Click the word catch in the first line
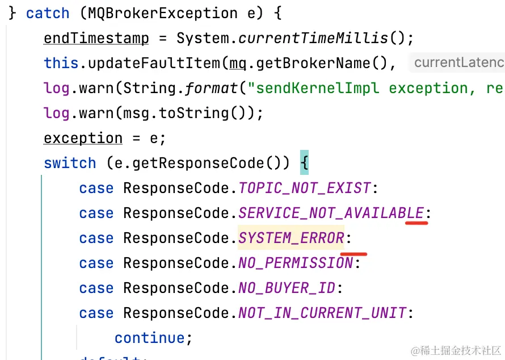(x=48, y=13)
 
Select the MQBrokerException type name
(x=158, y=13)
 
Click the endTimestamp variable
(x=96, y=38)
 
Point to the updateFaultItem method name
(x=154, y=63)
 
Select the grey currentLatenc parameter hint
(x=458, y=63)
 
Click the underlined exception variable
(x=83, y=138)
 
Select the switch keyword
(x=70, y=163)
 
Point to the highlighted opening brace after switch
(x=304, y=163)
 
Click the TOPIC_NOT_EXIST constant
(x=304, y=188)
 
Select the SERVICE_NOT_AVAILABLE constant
(x=331, y=213)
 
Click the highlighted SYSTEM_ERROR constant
(x=291, y=238)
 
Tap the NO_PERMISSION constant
(x=296, y=263)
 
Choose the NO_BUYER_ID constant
(x=287, y=288)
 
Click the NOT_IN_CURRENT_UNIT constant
(x=322, y=313)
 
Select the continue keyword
(x=149, y=338)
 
